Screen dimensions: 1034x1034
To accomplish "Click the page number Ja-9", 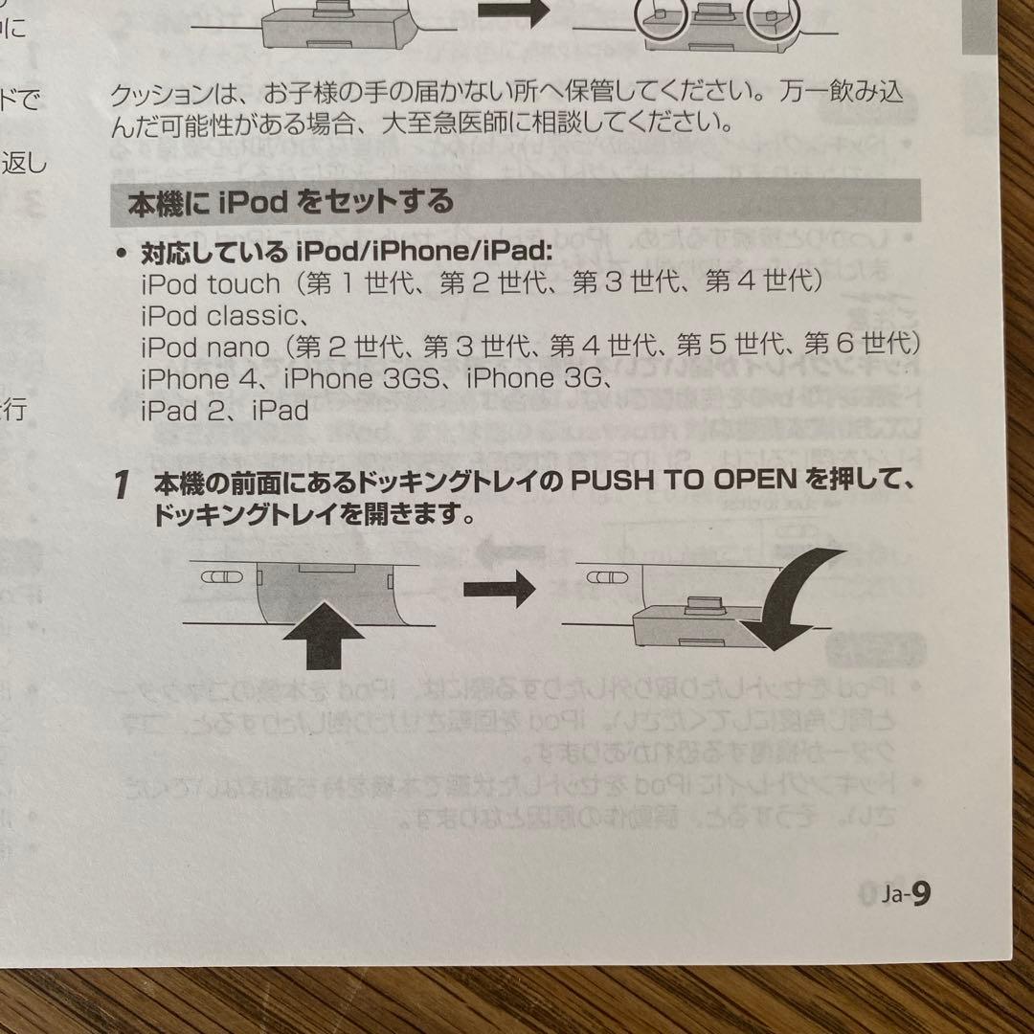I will pyautogui.click(x=907, y=894).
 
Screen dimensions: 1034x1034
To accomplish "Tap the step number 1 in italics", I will pyautogui.click(x=121, y=486).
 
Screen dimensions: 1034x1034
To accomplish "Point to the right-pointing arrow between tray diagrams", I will pyautogui.click(x=498, y=588).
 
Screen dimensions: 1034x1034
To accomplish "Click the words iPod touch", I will pyautogui.click(x=211, y=283).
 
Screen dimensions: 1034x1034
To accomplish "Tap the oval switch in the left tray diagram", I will pyautogui.click(x=219, y=579).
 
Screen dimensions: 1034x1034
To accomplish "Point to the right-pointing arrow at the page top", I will pyautogui.click(x=511, y=11).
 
